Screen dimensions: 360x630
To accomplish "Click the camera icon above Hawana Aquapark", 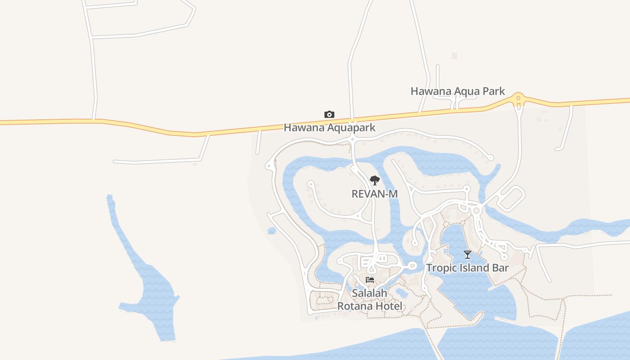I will (x=329, y=115).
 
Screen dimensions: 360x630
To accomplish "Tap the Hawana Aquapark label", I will (x=329, y=128).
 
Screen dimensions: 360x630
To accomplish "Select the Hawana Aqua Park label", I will (x=458, y=91).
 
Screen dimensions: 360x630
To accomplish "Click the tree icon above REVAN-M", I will (x=374, y=180).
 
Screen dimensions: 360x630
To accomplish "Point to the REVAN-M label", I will (x=374, y=194).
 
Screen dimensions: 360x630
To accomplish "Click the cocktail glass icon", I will (x=468, y=255).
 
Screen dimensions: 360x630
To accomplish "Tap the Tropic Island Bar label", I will (x=468, y=268).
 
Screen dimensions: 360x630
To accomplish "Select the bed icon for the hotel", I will (x=370, y=280).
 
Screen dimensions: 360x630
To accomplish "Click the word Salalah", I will (x=369, y=293).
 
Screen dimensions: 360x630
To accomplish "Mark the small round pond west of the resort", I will (x=272, y=231).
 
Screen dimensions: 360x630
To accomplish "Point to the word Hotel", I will (x=391, y=306).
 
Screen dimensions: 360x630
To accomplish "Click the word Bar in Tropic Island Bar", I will (x=500, y=268).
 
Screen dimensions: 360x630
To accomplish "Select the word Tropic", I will (x=440, y=269).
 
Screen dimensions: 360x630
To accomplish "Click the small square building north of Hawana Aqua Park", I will (x=454, y=56).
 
